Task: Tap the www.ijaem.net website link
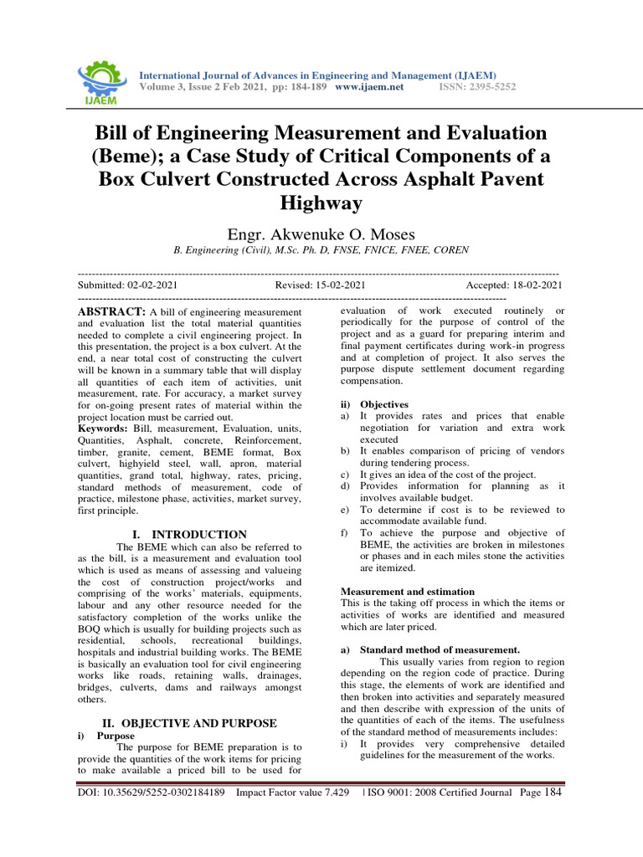pos(369,87)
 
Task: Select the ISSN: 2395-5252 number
pos(477,87)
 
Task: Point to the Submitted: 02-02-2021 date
pos(127,285)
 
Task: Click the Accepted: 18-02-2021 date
pos(514,285)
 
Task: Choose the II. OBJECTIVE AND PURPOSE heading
pos(189,722)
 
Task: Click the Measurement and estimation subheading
pos(408,592)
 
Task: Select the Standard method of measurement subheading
pos(439,649)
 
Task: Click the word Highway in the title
pos(321,203)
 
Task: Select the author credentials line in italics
pos(321,249)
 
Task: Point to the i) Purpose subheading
pos(110,736)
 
